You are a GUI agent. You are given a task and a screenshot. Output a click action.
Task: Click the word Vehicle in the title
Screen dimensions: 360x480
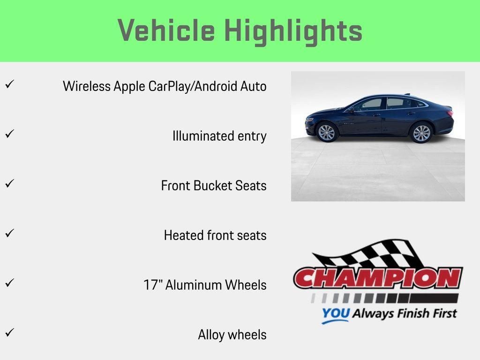tap(166, 31)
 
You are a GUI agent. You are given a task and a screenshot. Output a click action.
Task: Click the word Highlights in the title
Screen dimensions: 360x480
tap(293, 31)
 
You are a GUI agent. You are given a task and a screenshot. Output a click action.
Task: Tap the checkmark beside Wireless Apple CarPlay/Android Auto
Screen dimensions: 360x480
tap(9, 84)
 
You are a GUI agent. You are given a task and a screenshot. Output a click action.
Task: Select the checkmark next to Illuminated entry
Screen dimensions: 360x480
tap(9, 134)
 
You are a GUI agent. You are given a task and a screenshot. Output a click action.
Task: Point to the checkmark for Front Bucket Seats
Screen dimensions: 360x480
tap(9, 184)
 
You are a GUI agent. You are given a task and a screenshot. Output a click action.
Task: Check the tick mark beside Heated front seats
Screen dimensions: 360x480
tap(9, 233)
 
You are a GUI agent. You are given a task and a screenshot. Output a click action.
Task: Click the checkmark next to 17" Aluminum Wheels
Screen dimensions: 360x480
tap(9, 283)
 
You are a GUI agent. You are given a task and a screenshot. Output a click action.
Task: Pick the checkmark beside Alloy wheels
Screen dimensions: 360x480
tap(9, 333)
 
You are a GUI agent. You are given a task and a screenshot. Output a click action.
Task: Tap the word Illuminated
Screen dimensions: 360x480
tap(200, 136)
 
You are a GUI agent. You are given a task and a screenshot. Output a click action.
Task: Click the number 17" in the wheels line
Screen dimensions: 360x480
tap(153, 285)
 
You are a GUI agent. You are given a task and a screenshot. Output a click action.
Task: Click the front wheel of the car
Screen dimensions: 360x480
tap(327, 132)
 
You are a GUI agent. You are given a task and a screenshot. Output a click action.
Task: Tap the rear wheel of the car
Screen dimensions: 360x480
tap(421, 133)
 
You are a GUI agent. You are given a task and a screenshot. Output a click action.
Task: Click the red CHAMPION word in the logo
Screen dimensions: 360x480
tap(378, 278)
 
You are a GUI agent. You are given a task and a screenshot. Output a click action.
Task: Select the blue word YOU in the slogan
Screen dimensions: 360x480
tap(336, 314)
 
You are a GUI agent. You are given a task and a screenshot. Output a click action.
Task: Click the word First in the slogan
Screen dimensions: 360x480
tap(441, 313)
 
